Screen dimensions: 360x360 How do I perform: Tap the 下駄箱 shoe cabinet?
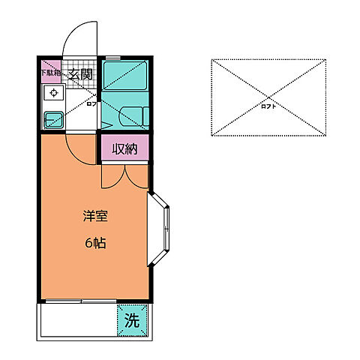pyautogui.click(x=51, y=73)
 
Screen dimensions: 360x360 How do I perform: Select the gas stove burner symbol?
pyautogui.click(x=53, y=94)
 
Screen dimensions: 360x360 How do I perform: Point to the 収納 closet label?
pyautogui.click(x=125, y=149)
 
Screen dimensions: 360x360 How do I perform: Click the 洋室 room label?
pyautogui.click(x=95, y=217)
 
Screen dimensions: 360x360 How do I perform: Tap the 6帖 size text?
pyautogui.click(x=95, y=244)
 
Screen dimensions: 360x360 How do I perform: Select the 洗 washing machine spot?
pyautogui.click(x=131, y=322)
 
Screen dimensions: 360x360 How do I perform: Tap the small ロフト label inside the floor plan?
pyautogui.click(x=91, y=106)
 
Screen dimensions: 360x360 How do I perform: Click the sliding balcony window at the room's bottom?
pyautogui.click(x=79, y=302)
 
